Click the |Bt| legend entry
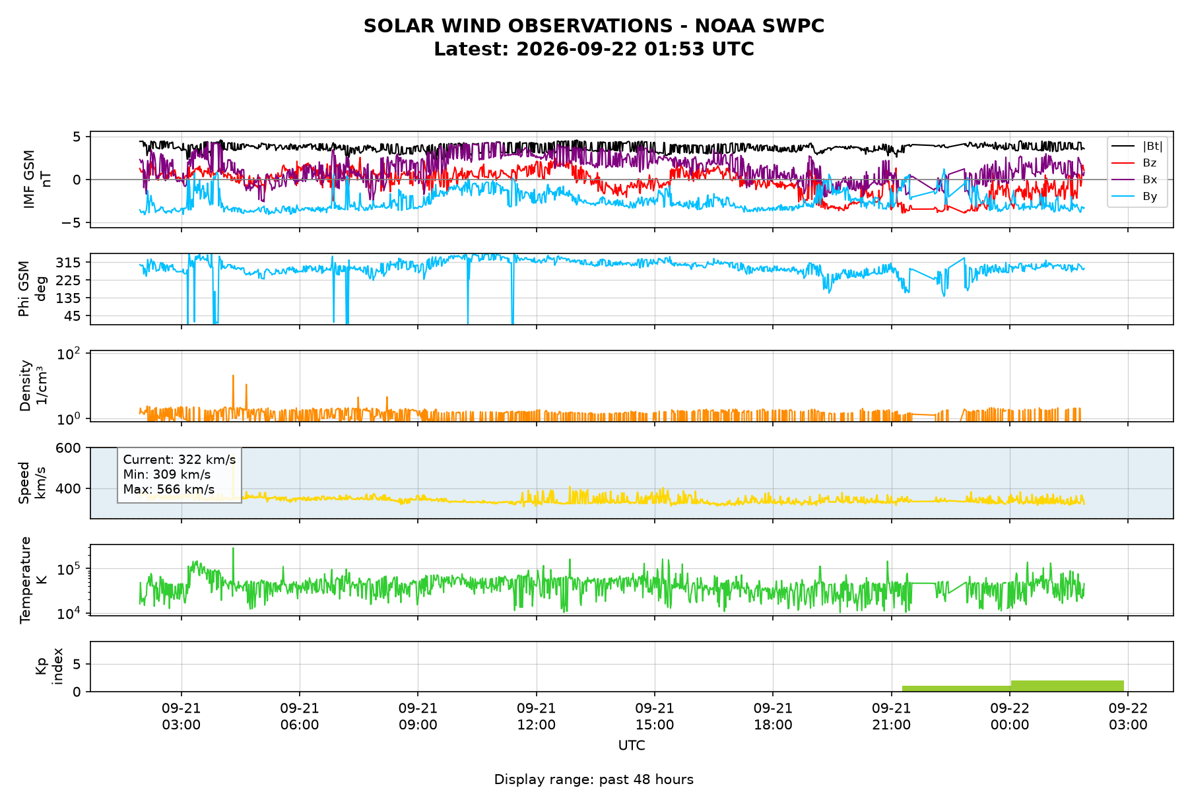tap(1137, 146)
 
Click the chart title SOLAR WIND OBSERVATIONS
tap(594, 26)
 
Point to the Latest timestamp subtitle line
tap(594, 49)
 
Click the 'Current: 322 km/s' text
tap(180, 460)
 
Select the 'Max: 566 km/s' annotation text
tap(169, 489)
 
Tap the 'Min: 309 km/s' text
tap(167, 475)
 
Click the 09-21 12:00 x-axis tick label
tap(537, 716)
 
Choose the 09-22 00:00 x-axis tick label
tap(1010, 716)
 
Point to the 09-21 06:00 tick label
tap(300, 716)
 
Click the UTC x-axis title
tap(632, 746)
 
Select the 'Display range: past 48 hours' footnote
tap(594, 779)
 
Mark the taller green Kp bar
tap(1067, 686)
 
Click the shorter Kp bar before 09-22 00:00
tap(956, 688)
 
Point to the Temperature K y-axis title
tap(33, 579)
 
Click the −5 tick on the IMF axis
tap(71, 223)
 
